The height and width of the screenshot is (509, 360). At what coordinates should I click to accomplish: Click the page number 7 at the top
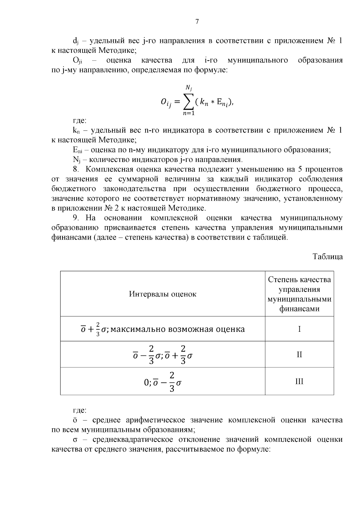point(197,22)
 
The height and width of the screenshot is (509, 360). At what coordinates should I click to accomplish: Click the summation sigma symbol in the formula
point(188,103)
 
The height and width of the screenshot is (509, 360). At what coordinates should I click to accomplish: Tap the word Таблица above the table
point(328,257)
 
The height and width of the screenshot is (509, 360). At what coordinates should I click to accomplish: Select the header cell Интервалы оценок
point(163,294)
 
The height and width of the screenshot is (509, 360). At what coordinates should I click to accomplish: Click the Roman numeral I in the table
point(299,329)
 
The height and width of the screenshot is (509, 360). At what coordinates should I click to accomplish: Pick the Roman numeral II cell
point(299,355)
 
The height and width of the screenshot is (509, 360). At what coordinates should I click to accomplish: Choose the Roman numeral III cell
point(299,382)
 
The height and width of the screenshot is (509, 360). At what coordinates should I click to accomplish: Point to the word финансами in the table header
point(299,309)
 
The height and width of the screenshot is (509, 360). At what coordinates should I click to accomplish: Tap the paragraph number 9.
point(77,218)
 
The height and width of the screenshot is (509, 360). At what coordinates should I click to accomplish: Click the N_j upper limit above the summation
point(189,88)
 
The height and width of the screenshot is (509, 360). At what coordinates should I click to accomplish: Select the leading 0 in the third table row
point(146,383)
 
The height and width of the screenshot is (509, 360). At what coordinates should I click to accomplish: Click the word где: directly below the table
point(80,410)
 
